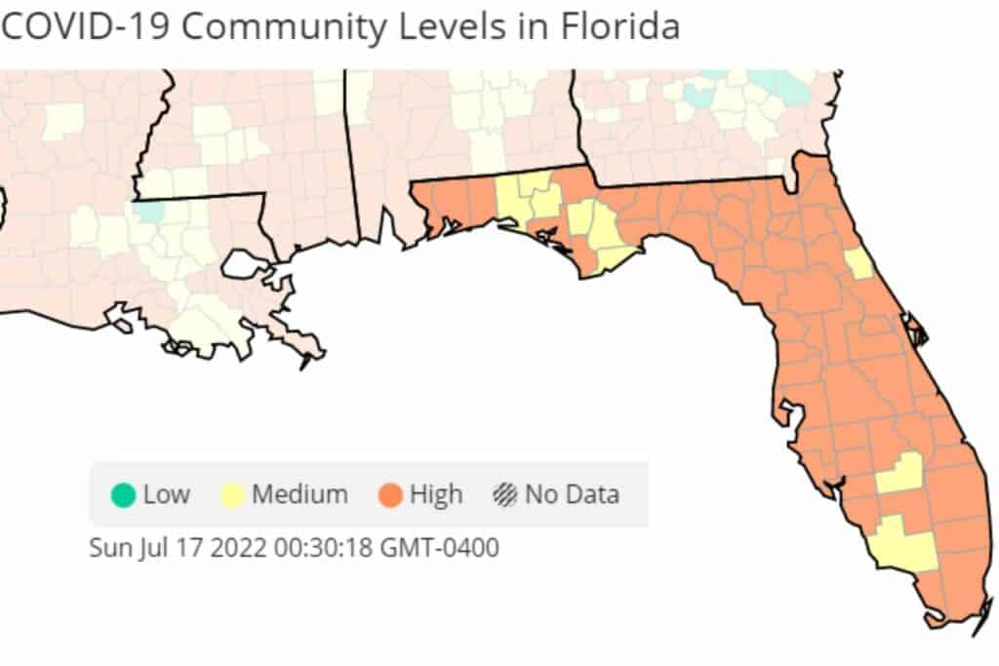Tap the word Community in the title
[x=283, y=26]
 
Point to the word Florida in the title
[x=620, y=26]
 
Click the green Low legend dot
[x=123, y=494]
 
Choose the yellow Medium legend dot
[x=232, y=494]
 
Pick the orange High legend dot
[x=390, y=494]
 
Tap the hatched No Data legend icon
[x=504, y=494]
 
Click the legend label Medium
[x=300, y=494]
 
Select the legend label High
[x=436, y=494]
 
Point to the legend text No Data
[x=572, y=494]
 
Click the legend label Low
[x=166, y=494]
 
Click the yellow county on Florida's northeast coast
[x=859, y=262]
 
